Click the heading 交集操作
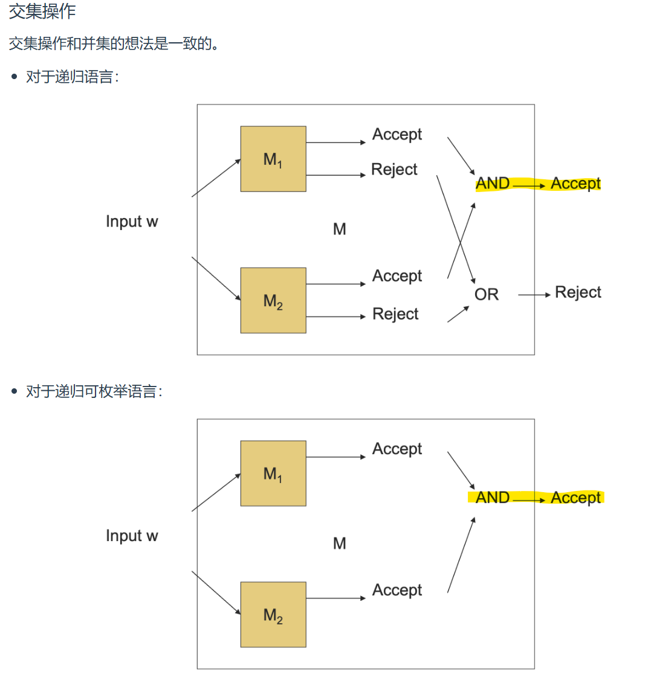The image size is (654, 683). tap(42, 11)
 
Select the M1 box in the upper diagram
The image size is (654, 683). tap(273, 159)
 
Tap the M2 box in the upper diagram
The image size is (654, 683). tap(273, 300)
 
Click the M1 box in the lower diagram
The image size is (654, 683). tap(273, 473)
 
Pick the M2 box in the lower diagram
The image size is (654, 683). tap(273, 615)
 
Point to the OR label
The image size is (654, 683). tap(487, 295)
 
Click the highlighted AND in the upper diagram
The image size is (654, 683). tap(493, 184)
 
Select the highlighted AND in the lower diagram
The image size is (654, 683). tap(493, 498)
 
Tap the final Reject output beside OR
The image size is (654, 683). tap(578, 293)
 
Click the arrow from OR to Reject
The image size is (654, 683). tap(534, 295)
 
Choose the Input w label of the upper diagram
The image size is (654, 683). tap(132, 222)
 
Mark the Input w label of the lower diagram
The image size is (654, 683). tap(132, 536)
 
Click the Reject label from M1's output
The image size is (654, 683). tap(394, 170)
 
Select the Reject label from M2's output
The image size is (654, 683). tap(395, 314)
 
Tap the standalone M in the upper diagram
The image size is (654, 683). tap(340, 229)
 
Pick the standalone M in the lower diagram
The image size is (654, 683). tap(340, 544)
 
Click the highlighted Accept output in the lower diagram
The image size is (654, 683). tap(576, 498)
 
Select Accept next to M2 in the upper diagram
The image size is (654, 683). tap(397, 276)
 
